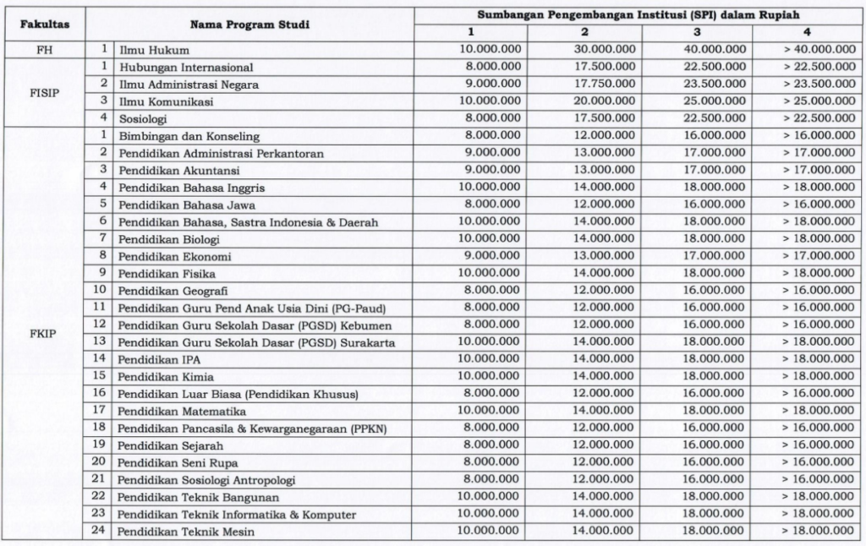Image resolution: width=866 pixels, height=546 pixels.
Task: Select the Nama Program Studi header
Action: point(249,25)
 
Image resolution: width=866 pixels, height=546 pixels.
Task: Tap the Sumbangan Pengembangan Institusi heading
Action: point(639,16)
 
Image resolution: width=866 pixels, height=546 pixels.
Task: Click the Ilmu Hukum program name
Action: point(154,51)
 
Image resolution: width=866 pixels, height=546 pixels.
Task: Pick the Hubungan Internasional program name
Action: point(186,68)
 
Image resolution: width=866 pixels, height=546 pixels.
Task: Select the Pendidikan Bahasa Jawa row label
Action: point(187,205)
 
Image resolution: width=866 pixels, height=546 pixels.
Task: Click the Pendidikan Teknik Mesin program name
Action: point(186,532)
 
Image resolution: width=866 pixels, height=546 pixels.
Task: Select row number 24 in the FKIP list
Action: point(99,531)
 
